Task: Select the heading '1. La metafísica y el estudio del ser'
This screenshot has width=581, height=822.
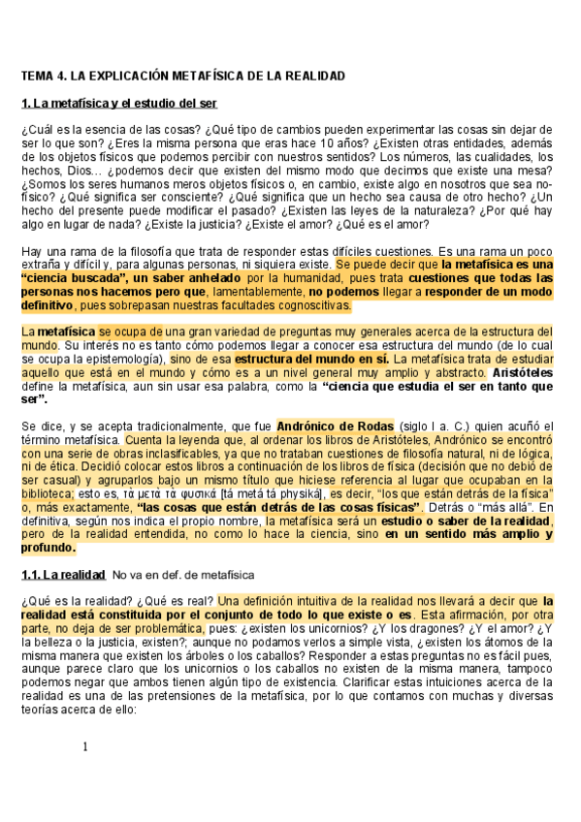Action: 118,103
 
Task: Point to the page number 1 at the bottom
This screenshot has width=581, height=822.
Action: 85,746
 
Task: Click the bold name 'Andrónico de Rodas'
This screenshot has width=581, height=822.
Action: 335,426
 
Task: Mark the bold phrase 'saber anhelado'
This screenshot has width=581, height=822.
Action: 200,277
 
